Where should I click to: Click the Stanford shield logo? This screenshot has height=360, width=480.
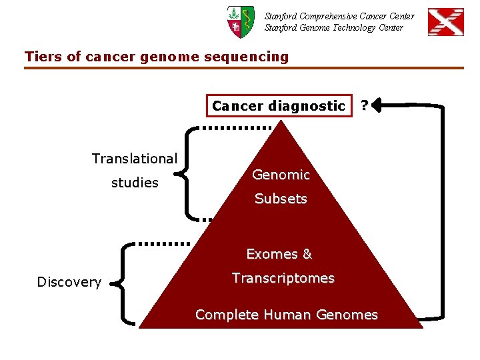[x=240, y=21]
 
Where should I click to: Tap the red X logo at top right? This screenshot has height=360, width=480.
[x=445, y=22]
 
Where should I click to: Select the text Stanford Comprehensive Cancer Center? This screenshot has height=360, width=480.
[x=339, y=16]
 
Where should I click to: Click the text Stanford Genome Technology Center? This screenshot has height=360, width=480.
[x=333, y=27]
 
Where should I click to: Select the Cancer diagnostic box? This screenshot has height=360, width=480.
[x=278, y=105]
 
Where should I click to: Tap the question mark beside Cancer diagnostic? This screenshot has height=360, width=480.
[x=364, y=105]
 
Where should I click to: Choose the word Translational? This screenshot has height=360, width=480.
[x=134, y=159]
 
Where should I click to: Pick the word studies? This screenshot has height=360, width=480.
[x=135, y=183]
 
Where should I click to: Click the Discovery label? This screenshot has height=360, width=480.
[x=69, y=282]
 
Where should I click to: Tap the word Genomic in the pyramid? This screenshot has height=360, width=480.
[x=281, y=175]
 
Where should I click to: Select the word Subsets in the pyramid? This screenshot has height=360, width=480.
[x=281, y=199]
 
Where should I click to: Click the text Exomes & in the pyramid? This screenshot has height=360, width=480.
[x=279, y=254]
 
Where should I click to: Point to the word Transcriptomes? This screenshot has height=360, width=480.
[x=283, y=278]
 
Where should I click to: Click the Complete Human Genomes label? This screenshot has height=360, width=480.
[x=287, y=315]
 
